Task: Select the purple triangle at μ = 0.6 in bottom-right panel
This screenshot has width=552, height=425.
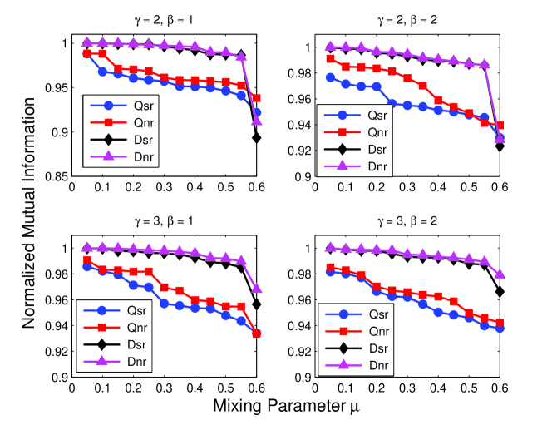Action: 498,274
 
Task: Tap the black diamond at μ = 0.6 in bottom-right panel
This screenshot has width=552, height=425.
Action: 498,291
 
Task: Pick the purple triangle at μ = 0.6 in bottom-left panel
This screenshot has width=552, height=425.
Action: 257,289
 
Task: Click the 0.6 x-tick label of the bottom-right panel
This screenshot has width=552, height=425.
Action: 497,388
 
